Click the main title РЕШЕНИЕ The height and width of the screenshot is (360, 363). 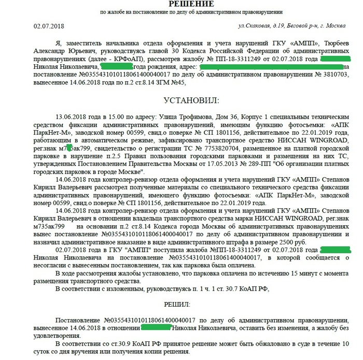coord(181,4)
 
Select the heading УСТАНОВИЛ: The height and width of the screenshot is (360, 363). coord(181,99)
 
